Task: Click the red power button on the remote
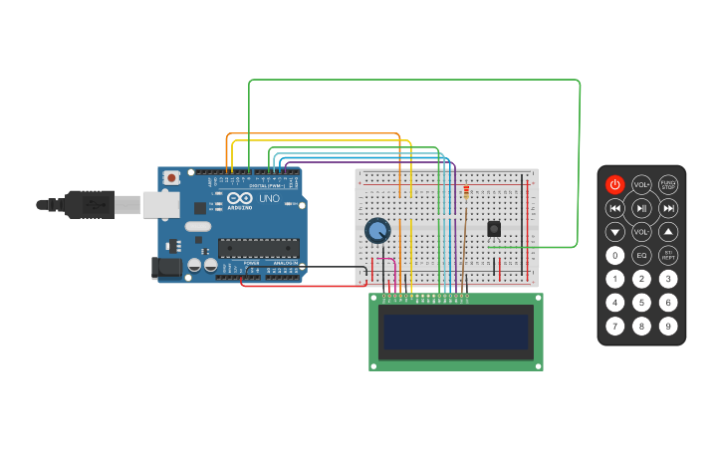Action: click(x=614, y=184)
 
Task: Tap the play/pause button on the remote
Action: click(x=641, y=208)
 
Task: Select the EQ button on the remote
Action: click(x=641, y=256)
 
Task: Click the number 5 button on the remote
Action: click(x=641, y=303)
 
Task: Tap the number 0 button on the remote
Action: click(x=614, y=256)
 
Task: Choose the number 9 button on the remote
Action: click(x=668, y=326)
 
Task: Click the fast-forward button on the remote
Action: click(x=668, y=208)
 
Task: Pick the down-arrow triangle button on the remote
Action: click(x=614, y=232)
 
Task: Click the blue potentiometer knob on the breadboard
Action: click(x=377, y=231)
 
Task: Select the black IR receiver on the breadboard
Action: click(x=494, y=228)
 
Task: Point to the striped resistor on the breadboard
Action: click(x=466, y=192)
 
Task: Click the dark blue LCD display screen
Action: click(x=456, y=333)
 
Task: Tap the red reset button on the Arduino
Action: click(x=171, y=177)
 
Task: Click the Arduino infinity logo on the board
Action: click(x=239, y=198)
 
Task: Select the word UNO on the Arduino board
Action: click(x=269, y=198)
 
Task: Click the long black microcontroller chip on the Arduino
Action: click(x=258, y=248)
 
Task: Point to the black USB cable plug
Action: click(x=90, y=204)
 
